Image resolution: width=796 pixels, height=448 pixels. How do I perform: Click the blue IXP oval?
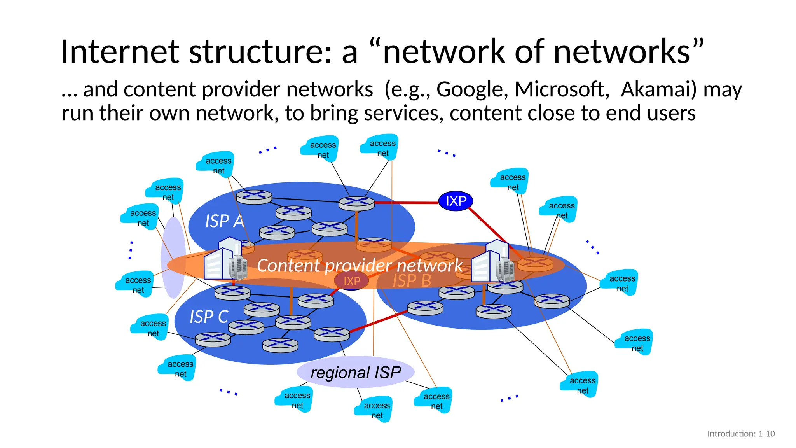pyautogui.click(x=456, y=201)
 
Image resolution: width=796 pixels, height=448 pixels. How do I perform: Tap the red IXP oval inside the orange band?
pyautogui.click(x=352, y=281)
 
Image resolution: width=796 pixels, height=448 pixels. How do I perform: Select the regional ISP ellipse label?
pyautogui.click(x=356, y=373)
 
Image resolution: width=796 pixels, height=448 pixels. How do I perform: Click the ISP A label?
pyautogui.click(x=224, y=221)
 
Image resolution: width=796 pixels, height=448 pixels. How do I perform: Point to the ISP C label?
pyautogui.click(x=209, y=317)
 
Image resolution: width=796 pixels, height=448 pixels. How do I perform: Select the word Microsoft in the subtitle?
pyautogui.click(x=561, y=89)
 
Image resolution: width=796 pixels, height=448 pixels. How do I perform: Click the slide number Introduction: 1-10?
pyautogui.click(x=741, y=434)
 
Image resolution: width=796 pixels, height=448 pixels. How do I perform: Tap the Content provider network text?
pyautogui.click(x=360, y=266)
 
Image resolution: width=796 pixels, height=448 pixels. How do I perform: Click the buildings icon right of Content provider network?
pyautogui.click(x=492, y=262)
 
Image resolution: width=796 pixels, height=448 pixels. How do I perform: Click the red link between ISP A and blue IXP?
pyautogui.click(x=406, y=203)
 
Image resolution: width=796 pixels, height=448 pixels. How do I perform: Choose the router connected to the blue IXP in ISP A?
pyautogui.click(x=356, y=203)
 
